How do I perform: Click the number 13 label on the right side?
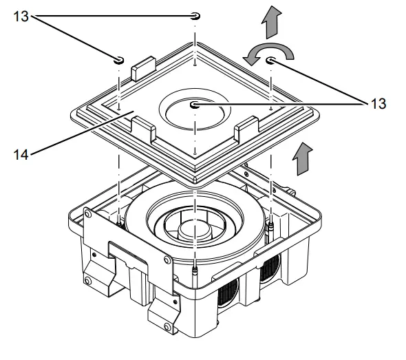point(378,104)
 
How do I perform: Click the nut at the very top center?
point(195,16)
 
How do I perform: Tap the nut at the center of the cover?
point(196,105)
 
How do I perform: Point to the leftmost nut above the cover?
point(119,60)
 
